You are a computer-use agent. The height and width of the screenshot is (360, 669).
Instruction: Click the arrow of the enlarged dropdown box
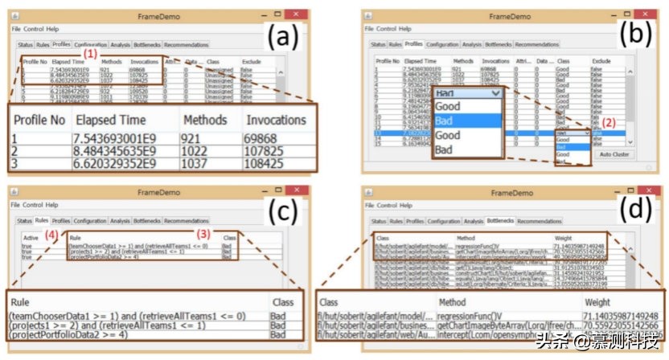tap(496, 93)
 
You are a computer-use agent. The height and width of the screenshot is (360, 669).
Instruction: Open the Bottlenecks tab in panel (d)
tap(499, 220)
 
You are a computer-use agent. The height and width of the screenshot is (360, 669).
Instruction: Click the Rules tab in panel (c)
tap(42, 220)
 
